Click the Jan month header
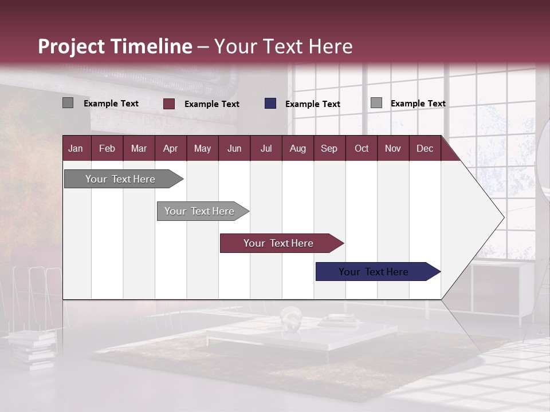[76, 149]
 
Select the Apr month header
[170, 149]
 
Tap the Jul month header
[266, 149]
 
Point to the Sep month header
[329, 149]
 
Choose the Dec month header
[425, 149]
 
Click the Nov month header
[392, 149]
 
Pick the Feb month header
[107, 149]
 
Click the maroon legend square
[168, 104]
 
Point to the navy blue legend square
[270, 104]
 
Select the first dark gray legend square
[68, 103]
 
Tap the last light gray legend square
[376, 103]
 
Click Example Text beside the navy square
[312, 104]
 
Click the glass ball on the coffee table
[292, 317]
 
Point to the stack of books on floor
[32, 346]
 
